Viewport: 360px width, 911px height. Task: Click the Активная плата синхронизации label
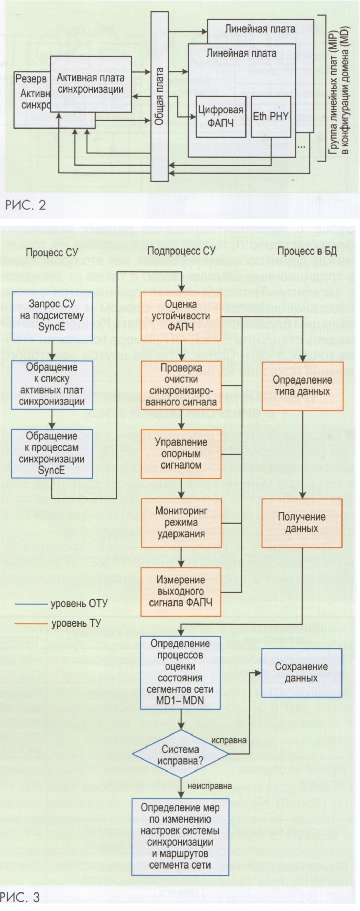tap(91, 83)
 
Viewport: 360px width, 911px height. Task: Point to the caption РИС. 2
tap(25, 205)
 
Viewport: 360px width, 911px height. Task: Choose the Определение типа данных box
tap(302, 386)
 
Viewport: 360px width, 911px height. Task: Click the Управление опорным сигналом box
tap(181, 454)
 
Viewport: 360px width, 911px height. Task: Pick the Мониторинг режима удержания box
tap(181, 522)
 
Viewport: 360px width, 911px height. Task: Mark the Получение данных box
tap(302, 523)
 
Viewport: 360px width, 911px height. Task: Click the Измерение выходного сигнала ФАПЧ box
tap(181, 592)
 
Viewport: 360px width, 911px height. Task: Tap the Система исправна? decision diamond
tap(180, 755)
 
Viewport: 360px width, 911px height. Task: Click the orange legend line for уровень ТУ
tap(31, 623)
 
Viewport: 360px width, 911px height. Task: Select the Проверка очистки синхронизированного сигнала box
tap(181, 385)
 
